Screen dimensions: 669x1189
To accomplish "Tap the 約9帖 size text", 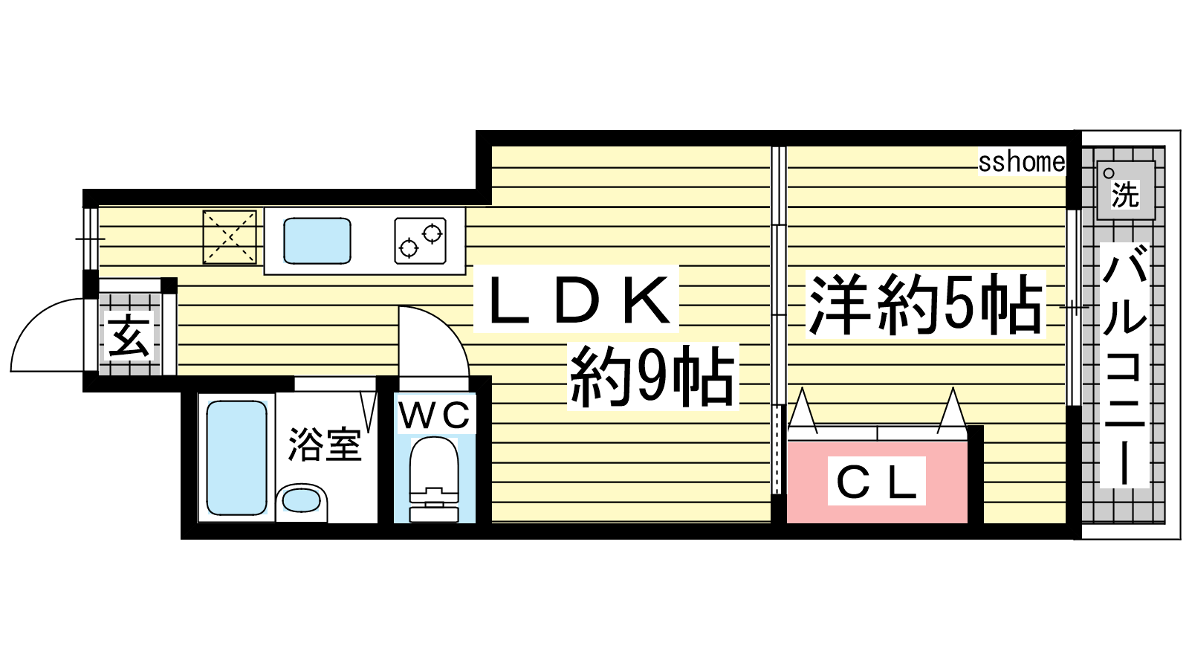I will click(652, 377).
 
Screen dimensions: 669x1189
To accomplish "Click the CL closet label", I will click(876, 482).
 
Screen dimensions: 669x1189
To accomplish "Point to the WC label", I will click(435, 416).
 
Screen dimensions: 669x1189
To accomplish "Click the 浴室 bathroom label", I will click(324, 444).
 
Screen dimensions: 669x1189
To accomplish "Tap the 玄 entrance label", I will click(129, 335).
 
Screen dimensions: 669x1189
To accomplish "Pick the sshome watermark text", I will click(1021, 162).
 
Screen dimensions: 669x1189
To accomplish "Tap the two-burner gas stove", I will click(421, 240).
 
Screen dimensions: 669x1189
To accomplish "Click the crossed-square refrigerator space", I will click(230, 236).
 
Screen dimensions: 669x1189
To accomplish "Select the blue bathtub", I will click(236, 457).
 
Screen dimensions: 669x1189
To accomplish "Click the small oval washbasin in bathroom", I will click(302, 500).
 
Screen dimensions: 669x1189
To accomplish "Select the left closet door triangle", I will click(803, 410).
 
